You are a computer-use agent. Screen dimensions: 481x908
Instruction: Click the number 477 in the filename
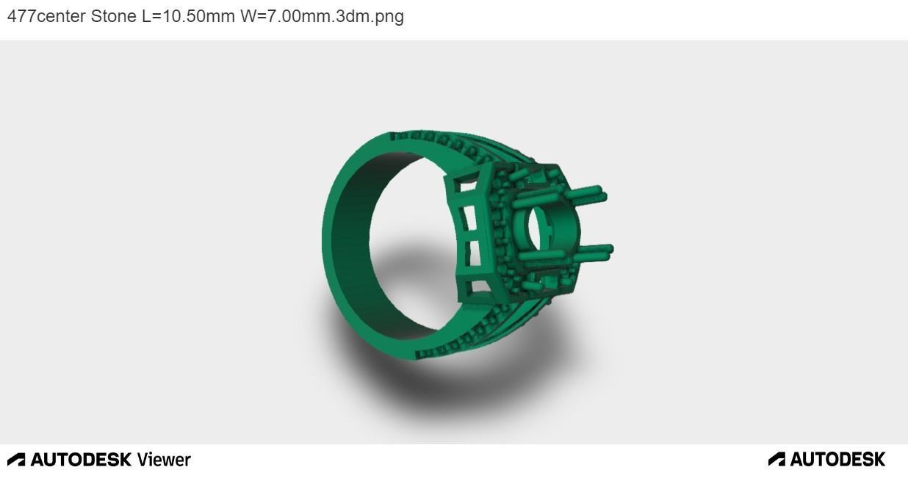(x=21, y=16)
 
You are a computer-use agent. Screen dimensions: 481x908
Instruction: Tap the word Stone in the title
(x=113, y=16)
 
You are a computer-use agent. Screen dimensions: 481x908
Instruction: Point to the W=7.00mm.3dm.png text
(x=322, y=16)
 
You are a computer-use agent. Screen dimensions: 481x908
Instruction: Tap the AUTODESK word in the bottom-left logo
(x=81, y=460)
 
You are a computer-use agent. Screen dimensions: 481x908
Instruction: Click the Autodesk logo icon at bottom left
(x=16, y=460)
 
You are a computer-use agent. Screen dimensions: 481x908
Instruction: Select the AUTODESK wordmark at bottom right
(x=837, y=460)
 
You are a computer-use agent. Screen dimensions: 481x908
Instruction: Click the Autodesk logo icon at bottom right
(x=777, y=460)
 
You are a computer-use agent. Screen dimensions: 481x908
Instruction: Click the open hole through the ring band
(x=411, y=242)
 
